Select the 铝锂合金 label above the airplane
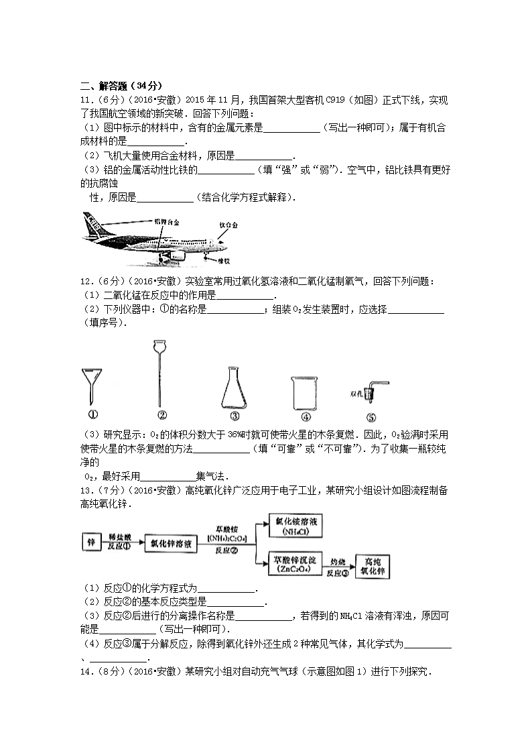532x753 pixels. click(167, 221)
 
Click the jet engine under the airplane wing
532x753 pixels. click(172, 254)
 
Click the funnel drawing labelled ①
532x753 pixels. click(92, 385)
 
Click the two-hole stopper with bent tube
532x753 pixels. click(372, 392)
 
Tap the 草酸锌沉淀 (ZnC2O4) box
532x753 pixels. click(295, 564)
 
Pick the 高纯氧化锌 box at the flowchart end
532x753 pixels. click(373, 567)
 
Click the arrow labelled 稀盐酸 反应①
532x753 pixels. click(121, 543)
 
